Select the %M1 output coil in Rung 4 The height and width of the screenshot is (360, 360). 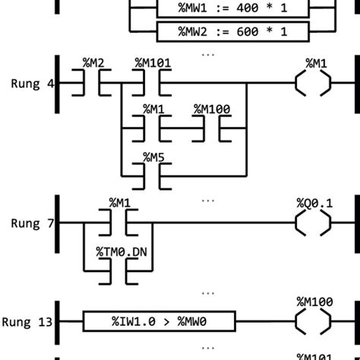click(313, 82)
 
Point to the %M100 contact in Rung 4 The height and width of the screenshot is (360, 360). click(212, 128)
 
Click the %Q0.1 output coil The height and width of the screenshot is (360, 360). click(313, 223)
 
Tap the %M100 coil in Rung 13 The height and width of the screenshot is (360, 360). click(313, 322)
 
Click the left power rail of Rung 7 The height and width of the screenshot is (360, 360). click(58, 223)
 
